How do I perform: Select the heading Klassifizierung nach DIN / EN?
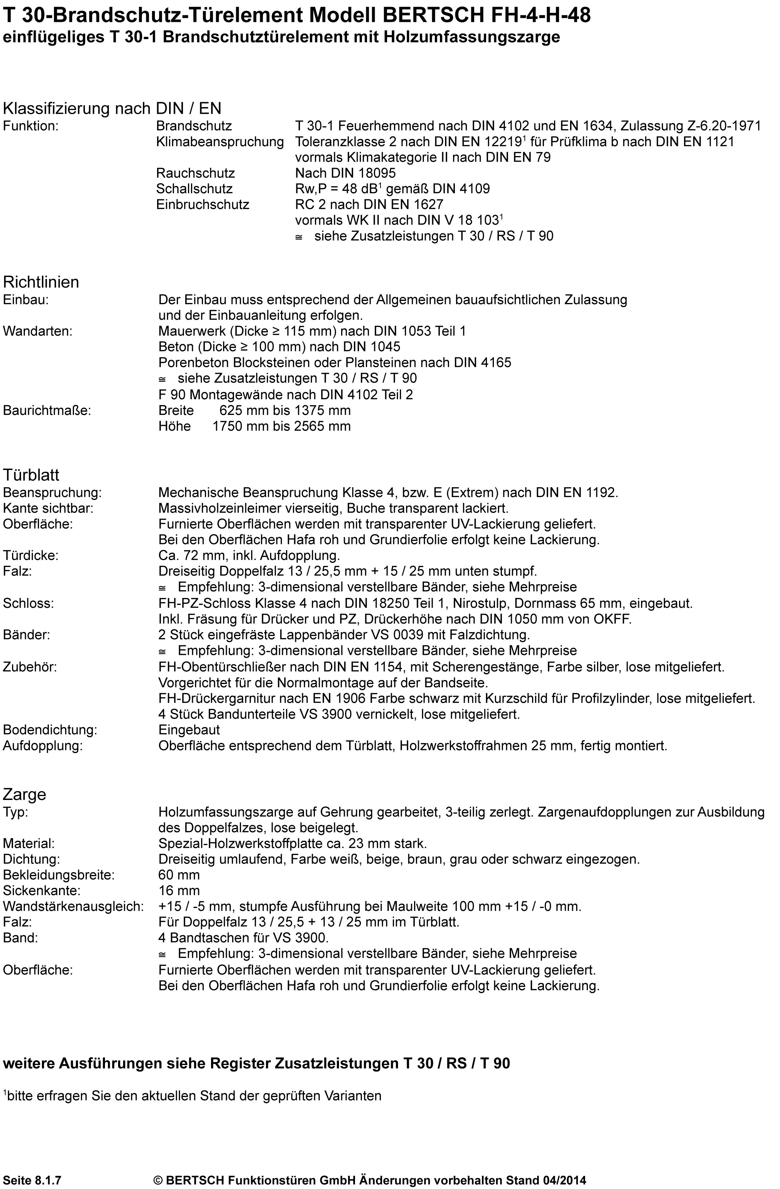point(112,108)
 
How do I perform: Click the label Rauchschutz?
point(195,173)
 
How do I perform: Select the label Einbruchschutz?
point(202,204)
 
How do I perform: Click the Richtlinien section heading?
point(41,282)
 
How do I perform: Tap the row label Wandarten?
point(38,331)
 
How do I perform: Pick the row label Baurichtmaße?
point(47,411)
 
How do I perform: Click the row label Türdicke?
point(31,556)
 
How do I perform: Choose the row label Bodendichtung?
point(50,730)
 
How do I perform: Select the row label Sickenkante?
point(42,891)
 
